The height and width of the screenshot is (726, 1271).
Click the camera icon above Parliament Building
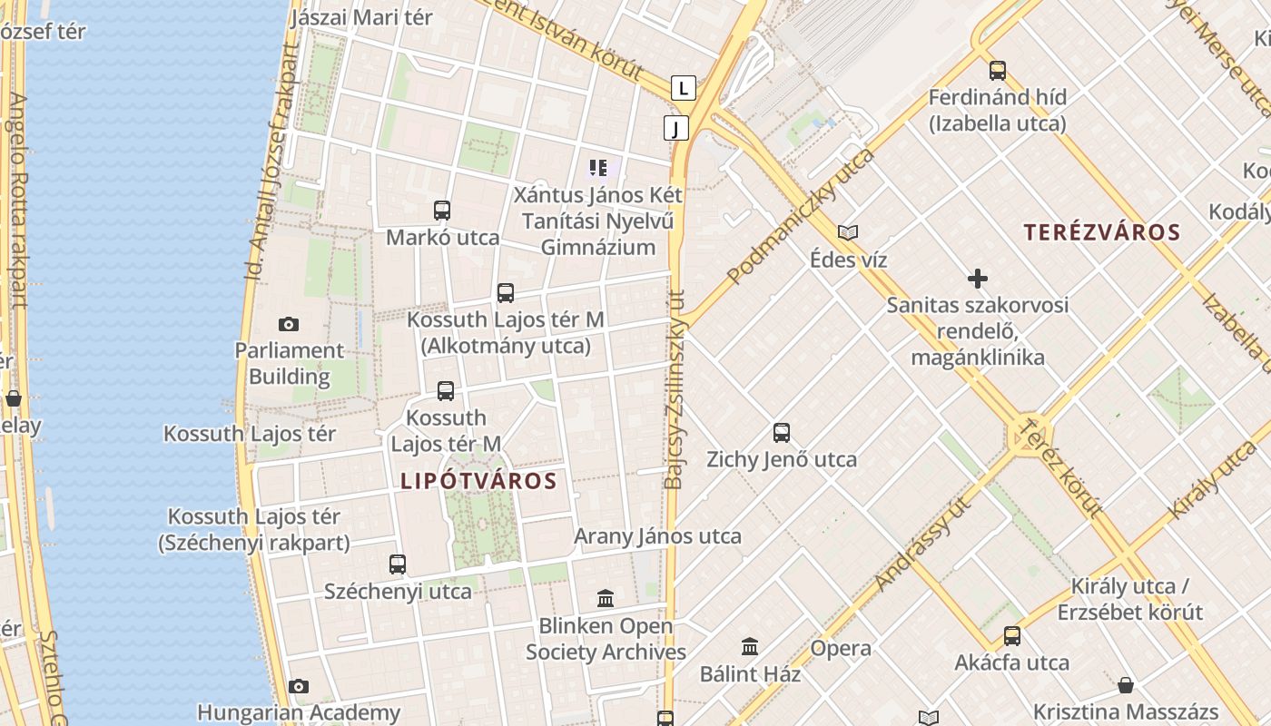(x=289, y=324)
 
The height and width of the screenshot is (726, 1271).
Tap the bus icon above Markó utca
(x=442, y=211)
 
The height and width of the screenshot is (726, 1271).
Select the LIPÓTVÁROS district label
(x=478, y=481)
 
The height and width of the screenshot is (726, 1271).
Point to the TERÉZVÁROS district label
(x=1102, y=232)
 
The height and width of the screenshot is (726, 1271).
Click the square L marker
(x=684, y=88)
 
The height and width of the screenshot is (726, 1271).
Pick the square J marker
(x=675, y=128)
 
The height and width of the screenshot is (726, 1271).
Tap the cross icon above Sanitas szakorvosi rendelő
(x=978, y=279)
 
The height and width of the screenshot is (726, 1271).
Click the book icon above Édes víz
(x=848, y=233)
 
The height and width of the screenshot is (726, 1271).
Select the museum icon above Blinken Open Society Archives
(x=606, y=599)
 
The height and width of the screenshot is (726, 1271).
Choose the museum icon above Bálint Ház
(x=750, y=647)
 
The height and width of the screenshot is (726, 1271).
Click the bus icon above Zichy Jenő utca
(x=782, y=432)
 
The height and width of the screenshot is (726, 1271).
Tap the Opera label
(x=841, y=648)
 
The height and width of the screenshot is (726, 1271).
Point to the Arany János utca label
(x=657, y=536)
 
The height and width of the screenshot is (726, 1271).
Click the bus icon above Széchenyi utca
(x=398, y=564)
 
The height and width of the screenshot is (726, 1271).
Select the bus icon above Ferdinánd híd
(x=998, y=70)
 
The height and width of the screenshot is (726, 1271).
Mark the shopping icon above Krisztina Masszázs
(x=1126, y=685)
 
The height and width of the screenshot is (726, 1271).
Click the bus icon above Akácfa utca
(x=1012, y=635)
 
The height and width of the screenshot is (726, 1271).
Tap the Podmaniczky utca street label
(x=801, y=216)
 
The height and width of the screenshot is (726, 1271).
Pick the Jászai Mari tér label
(x=361, y=17)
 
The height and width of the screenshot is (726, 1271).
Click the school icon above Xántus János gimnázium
(x=598, y=167)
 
